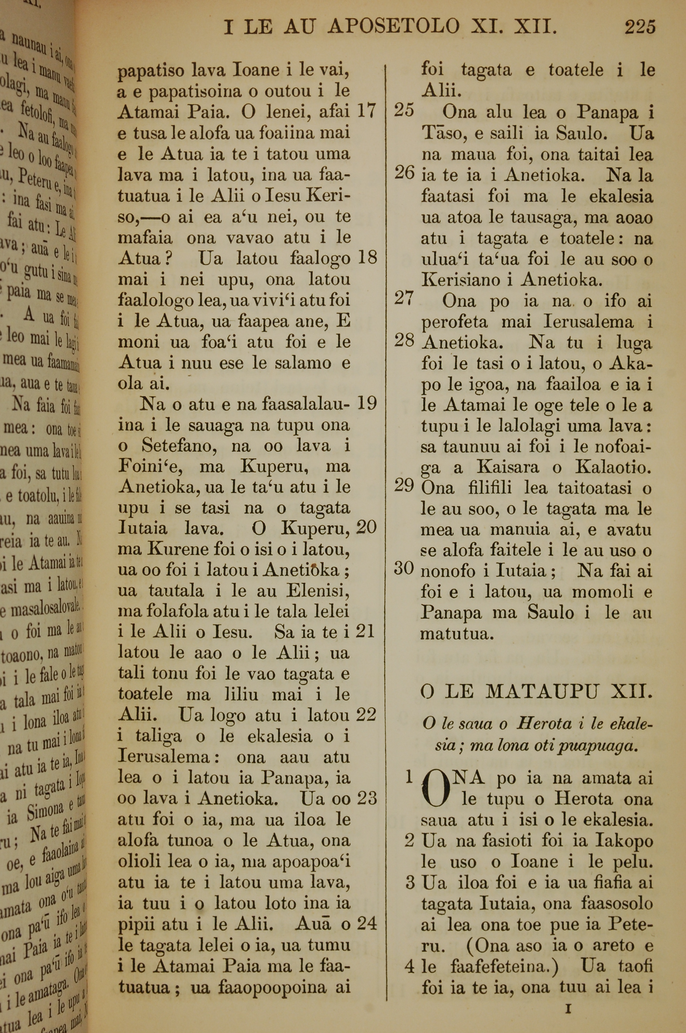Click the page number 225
coord(640,27)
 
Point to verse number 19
coord(367,403)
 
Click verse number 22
coord(366,715)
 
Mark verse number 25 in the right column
coord(404,110)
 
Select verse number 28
coord(404,340)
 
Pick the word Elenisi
coord(318,591)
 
